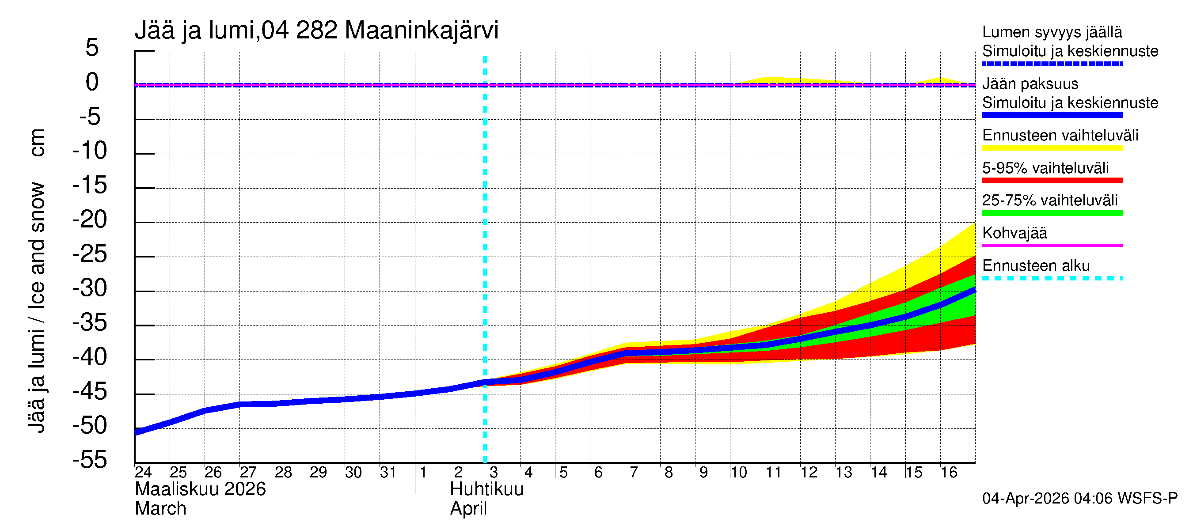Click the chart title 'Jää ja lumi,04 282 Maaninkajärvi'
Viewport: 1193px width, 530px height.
click(316, 30)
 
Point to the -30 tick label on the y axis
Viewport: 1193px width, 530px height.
click(90, 288)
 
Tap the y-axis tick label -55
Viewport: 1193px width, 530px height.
click(90, 460)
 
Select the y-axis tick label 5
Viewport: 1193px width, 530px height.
click(92, 48)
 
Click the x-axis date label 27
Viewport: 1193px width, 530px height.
click(248, 473)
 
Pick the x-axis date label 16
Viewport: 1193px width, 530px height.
click(949, 473)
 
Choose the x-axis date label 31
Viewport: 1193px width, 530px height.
click(388, 473)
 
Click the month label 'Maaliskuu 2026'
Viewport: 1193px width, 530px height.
click(200, 489)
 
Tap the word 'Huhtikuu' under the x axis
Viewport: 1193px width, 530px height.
click(487, 489)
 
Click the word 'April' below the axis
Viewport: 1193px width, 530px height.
click(468, 509)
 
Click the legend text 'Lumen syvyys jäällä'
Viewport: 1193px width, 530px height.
click(1052, 32)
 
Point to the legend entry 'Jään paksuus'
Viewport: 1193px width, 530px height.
click(1030, 84)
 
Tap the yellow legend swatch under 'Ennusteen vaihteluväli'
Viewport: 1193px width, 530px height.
click(1052, 148)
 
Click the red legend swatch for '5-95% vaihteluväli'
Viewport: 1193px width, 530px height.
click(1052, 181)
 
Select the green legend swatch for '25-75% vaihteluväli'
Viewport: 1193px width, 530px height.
click(1052, 213)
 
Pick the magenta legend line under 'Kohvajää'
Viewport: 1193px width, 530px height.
click(1052, 245)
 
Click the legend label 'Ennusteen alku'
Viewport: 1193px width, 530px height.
click(1036, 266)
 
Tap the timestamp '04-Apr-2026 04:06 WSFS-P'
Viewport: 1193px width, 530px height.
click(1079, 499)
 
